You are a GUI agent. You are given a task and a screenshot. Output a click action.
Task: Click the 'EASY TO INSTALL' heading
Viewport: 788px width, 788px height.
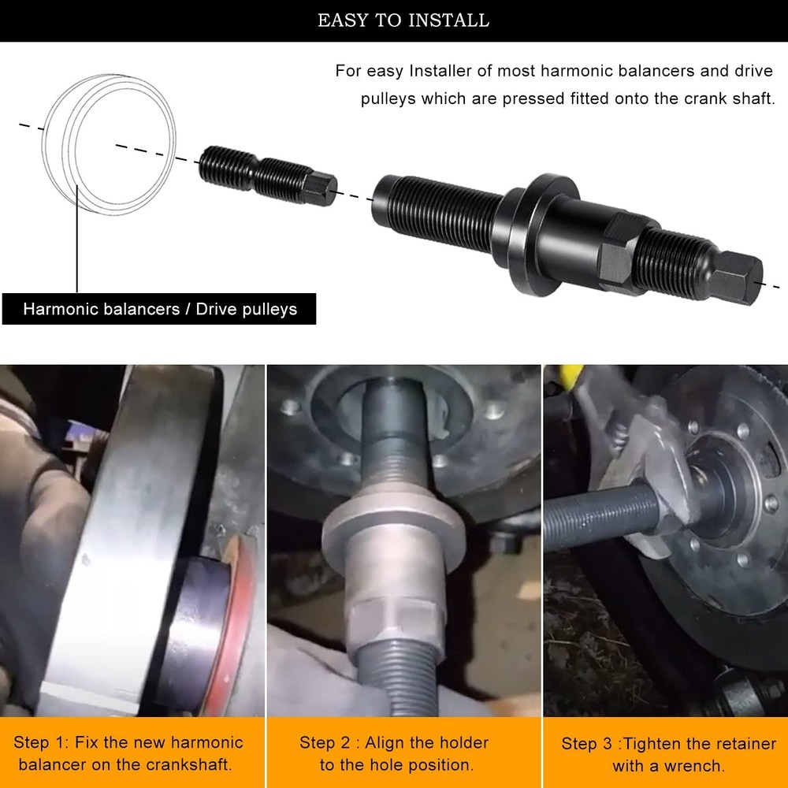(403, 20)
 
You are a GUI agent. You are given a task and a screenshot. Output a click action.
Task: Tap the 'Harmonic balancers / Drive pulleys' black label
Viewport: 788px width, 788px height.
(159, 309)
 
